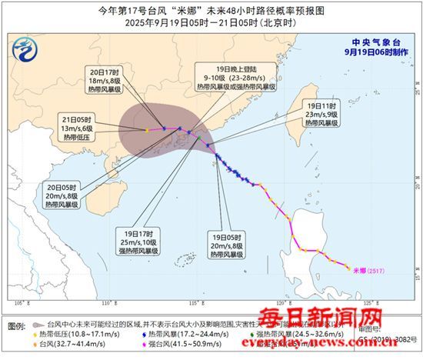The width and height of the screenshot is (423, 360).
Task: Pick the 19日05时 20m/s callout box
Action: click(233, 242)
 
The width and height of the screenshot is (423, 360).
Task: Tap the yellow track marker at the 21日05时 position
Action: click(146, 130)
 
